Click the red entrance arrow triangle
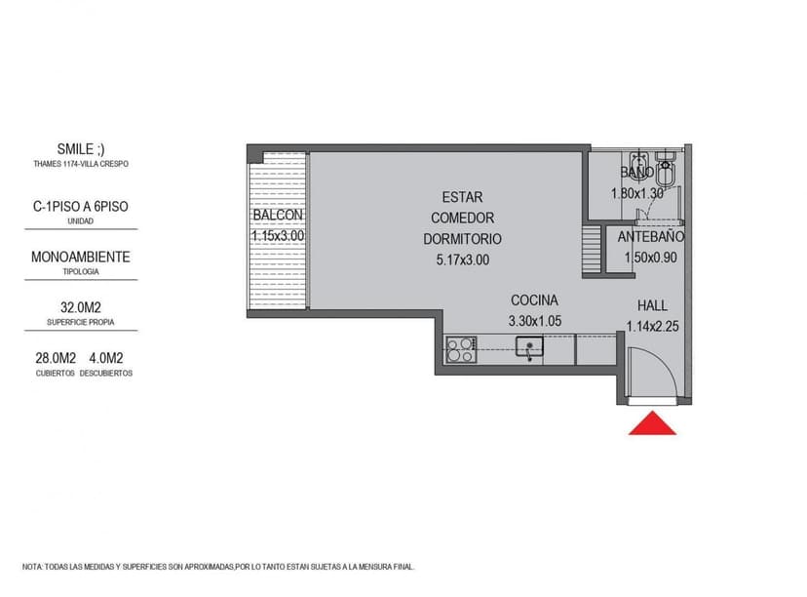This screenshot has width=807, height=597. coord(653,424)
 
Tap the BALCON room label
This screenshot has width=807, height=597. coord(278,216)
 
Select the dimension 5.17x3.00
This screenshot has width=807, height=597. coord(463,260)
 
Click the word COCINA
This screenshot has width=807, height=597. coord(534,300)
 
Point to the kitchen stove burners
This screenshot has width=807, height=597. coord(461,349)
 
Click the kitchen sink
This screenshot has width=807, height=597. coord(530,347)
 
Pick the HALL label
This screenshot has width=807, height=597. coord(653,305)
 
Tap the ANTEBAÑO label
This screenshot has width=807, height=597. coord(652,237)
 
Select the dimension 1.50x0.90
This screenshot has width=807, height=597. coord(650,258)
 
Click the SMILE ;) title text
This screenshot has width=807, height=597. coord(81,149)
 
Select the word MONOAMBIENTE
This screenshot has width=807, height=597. coord(81,258)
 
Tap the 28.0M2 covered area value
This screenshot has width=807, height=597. coord(56,358)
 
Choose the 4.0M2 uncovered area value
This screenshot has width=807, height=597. coord(108,358)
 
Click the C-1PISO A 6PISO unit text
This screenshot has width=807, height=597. coord(81,208)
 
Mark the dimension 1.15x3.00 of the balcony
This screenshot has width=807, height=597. coord(278,236)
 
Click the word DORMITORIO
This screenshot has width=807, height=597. coord(463,239)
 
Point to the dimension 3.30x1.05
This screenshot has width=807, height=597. coord(535,320)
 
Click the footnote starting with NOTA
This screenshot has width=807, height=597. coord(219,566)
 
